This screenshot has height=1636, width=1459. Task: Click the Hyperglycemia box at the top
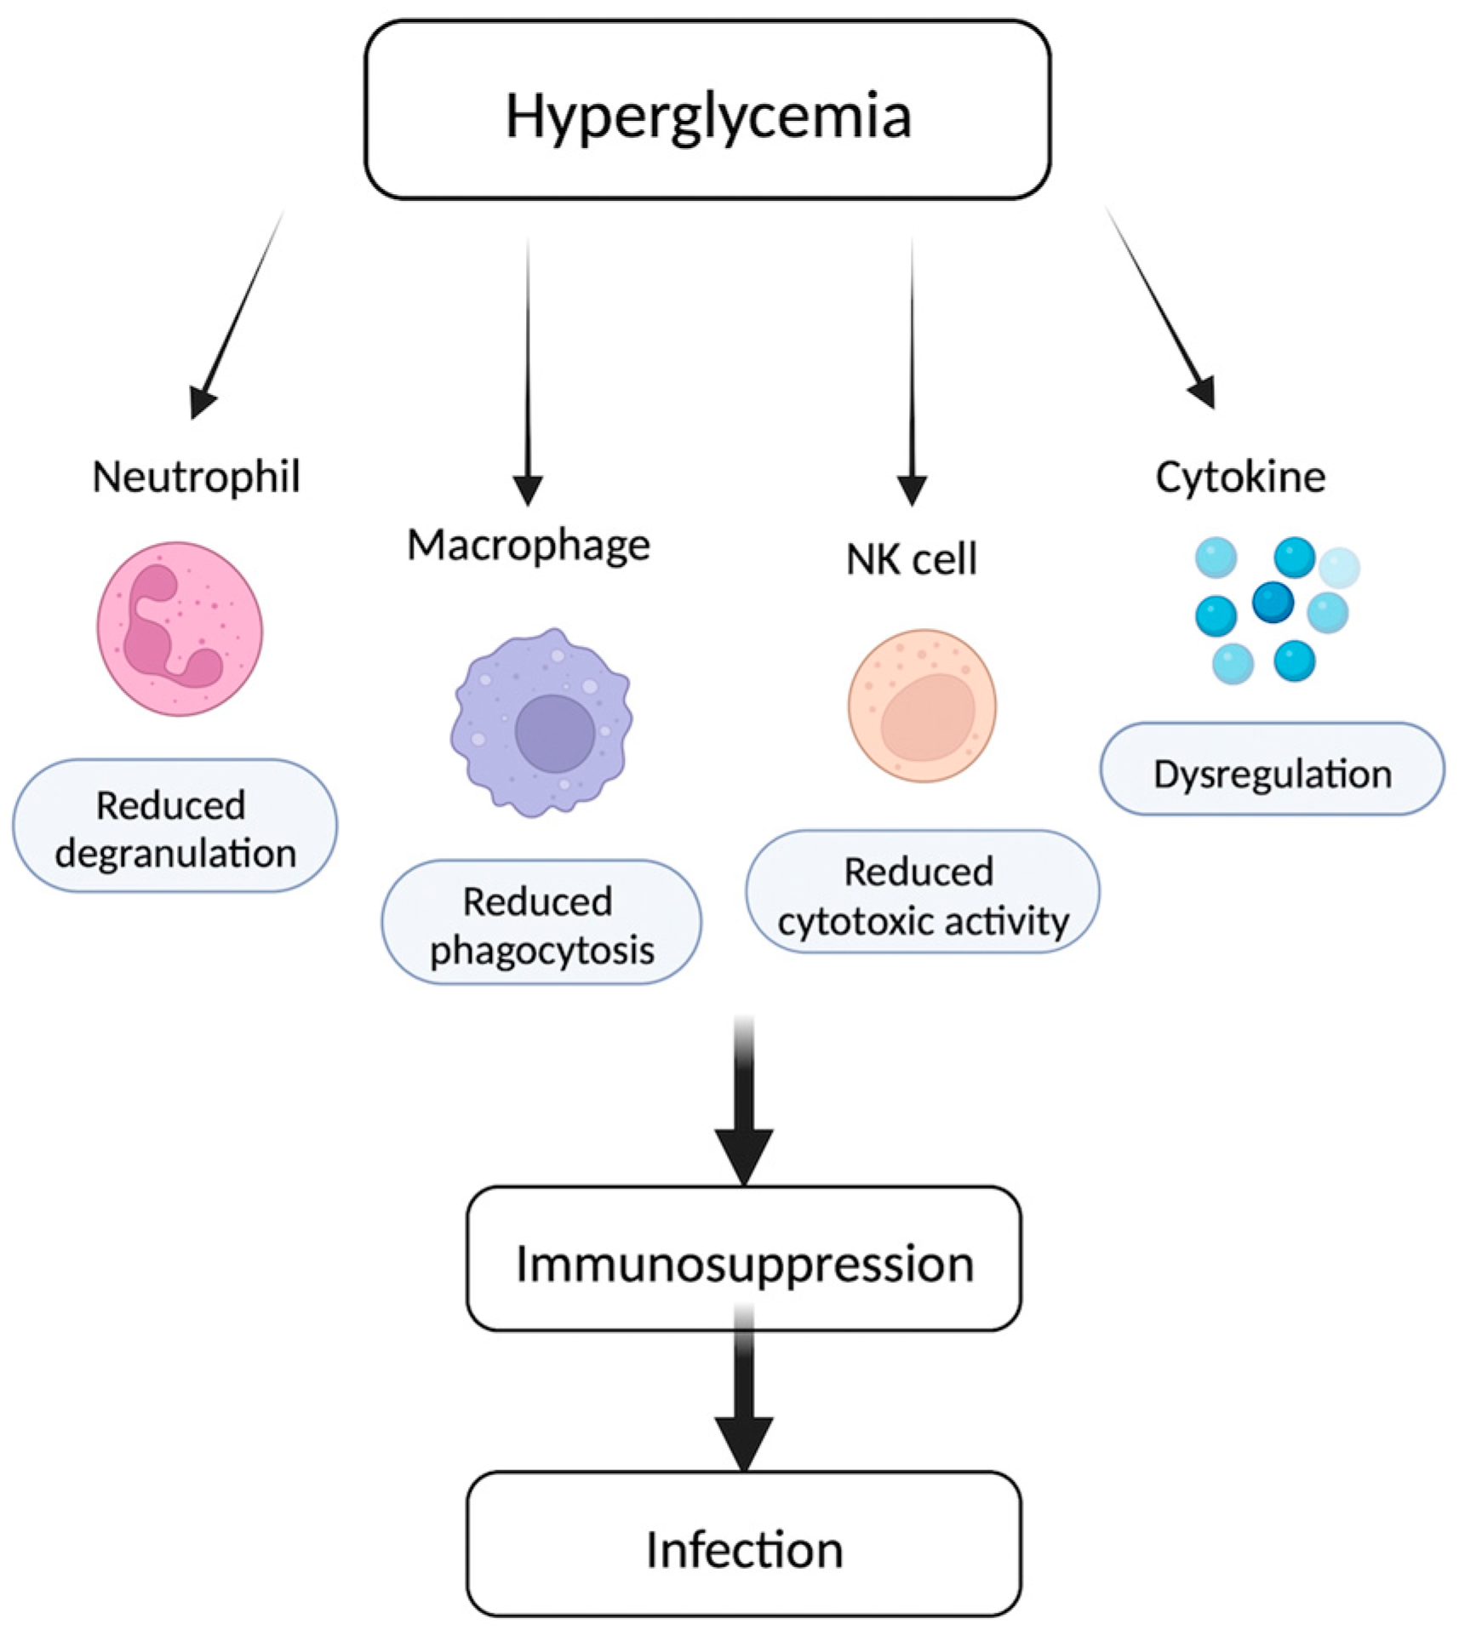click(x=707, y=111)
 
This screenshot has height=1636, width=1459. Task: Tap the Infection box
click(x=743, y=1548)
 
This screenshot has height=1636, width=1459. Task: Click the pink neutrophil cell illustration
click(x=179, y=629)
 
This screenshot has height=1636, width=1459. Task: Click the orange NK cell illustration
click(x=922, y=706)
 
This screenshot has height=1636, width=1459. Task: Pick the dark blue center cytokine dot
click(x=1273, y=603)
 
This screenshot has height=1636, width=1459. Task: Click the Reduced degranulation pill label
click(x=175, y=827)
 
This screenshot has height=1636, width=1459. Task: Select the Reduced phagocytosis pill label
click(x=541, y=923)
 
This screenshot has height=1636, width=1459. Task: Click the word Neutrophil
click(x=196, y=476)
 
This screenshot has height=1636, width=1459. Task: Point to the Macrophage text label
click(x=528, y=545)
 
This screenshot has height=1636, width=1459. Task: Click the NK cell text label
click(x=911, y=559)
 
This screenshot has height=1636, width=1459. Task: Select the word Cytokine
click(x=1240, y=477)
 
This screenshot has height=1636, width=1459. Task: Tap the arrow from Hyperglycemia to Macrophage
click(x=528, y=366)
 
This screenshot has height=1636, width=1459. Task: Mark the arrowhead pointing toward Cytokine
click(x=1202, y=392)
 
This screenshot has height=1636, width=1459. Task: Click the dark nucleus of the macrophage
click(x=554, y=733)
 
